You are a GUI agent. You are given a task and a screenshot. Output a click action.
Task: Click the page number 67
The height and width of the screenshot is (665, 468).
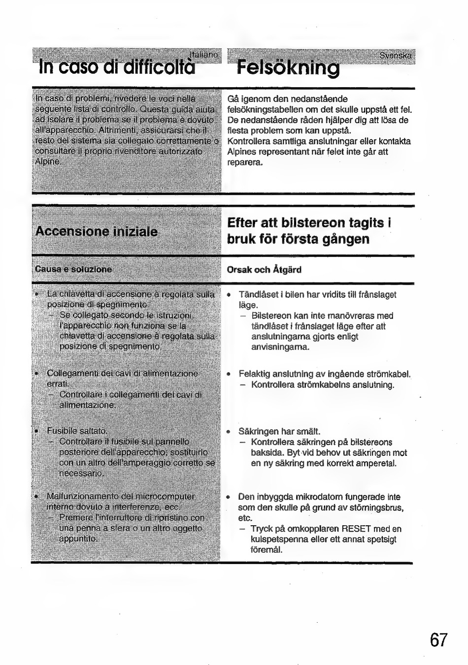point(438,640)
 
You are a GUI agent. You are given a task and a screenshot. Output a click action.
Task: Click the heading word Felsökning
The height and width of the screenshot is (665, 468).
point(288,68)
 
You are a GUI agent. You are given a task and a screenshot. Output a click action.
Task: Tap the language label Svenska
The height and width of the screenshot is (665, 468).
point(395,56)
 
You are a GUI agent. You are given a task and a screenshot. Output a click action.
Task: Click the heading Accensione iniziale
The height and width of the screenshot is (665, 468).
point(97,232)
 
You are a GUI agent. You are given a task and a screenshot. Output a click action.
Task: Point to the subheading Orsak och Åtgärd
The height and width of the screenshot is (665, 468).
point(264,270)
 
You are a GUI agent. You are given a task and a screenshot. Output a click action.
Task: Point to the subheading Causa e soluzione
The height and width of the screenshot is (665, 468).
point(74,270)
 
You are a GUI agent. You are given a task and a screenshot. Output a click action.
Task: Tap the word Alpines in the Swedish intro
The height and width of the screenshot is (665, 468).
point(241,152)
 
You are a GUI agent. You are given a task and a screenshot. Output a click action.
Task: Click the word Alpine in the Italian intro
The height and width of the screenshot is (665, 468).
point(47,161)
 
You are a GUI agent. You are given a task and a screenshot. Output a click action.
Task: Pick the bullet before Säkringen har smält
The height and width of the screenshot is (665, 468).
point(229,432)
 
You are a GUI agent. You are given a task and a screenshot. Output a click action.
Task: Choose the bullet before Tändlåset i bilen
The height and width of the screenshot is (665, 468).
point(229,295)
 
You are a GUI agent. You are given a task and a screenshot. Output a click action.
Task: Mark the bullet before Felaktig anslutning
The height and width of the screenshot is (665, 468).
point(229,375)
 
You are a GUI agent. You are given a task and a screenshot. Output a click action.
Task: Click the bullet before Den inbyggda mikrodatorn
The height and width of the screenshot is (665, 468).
point(229,497)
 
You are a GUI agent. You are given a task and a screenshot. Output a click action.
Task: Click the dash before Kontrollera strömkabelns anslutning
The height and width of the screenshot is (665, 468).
point(243,385)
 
